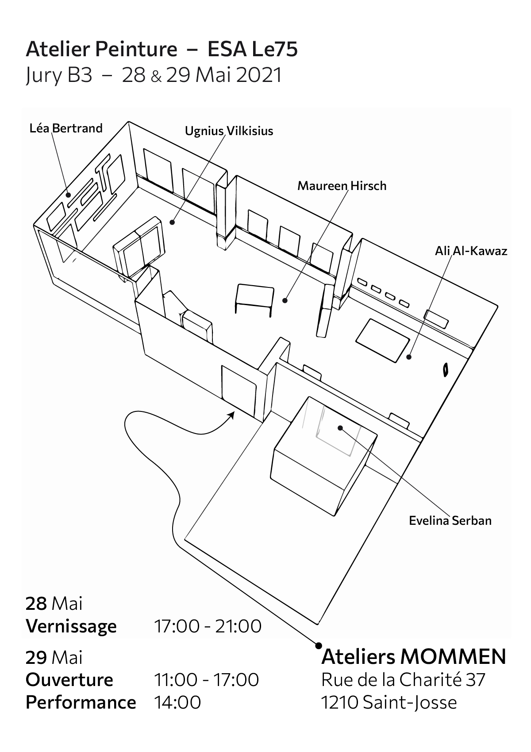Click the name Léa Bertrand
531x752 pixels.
click(66, 128)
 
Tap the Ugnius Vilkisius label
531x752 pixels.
click(229, 132)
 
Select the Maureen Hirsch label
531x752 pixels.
click(342, 186)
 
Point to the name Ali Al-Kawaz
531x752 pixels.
click(471, 252)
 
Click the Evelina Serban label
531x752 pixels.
click(450, 520)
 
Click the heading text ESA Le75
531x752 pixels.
click(253, 50)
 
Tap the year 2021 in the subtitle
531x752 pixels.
click(259, 75)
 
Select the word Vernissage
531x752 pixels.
click(71, 627)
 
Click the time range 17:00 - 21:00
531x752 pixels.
click(208, 626)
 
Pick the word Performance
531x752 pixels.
click(81, 702)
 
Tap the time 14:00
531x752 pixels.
click(177, 702)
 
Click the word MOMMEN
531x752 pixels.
click(453, 657)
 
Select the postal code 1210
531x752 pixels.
click(340, 702)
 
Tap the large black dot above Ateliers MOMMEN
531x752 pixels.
click(318, 646)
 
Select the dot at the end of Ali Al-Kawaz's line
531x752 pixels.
click(409, 357)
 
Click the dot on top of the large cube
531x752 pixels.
click(340, 428)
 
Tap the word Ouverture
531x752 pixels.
click(69, 680)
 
